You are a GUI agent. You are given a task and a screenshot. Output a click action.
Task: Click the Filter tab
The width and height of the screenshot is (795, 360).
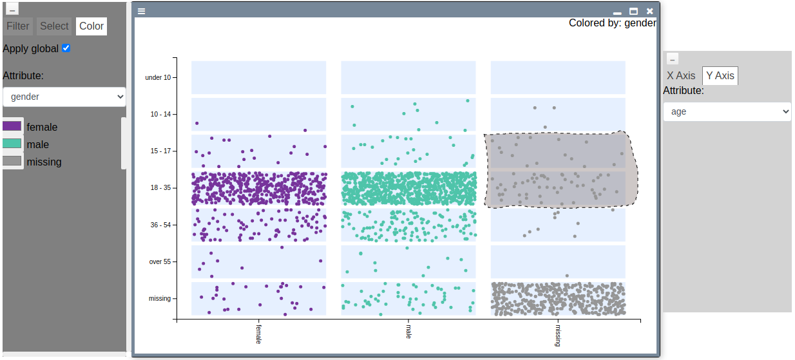[x=18, y=26]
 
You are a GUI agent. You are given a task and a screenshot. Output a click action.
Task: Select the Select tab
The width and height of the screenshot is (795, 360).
[x=54, y=26]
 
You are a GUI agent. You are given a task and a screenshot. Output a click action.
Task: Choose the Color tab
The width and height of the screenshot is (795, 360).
[x=91, y=26]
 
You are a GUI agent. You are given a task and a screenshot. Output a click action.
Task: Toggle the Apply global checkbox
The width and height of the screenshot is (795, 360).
[x=66, y=48]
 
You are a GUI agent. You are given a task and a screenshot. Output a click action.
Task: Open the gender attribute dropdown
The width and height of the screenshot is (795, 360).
[x=64, y=97]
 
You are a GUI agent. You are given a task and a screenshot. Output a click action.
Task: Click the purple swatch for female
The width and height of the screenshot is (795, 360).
[x=12, y=126]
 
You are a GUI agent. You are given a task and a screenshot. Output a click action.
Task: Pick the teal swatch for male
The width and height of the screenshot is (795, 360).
[x=12, y=144]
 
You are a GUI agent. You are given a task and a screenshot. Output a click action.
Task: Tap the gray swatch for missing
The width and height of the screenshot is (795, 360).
[x=12, y=161]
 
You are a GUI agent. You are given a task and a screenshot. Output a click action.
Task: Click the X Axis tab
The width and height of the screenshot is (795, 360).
[x=681, y=76]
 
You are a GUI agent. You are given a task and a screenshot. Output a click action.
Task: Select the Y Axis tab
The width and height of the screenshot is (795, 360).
[x=720, y=76]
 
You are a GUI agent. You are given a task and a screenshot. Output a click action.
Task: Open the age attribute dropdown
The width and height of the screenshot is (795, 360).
[x=727, y=111]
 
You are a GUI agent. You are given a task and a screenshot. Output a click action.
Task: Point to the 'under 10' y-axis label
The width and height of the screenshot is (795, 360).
[x=158, y=77]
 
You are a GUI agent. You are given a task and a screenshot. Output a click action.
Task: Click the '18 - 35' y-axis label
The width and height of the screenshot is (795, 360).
[x=160, y=188]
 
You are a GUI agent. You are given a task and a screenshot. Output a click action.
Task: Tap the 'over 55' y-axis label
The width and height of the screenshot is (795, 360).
[x=160, y=261]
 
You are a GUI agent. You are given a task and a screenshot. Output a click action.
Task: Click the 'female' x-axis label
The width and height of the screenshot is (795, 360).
[x=258, y=334]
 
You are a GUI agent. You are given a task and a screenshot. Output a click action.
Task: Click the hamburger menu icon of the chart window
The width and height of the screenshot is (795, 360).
[x=141, y=11]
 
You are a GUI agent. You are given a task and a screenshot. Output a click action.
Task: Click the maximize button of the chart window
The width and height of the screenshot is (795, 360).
[x=633, y=11]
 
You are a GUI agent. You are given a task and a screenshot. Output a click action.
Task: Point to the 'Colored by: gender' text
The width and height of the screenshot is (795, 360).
[x=612, y=23]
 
